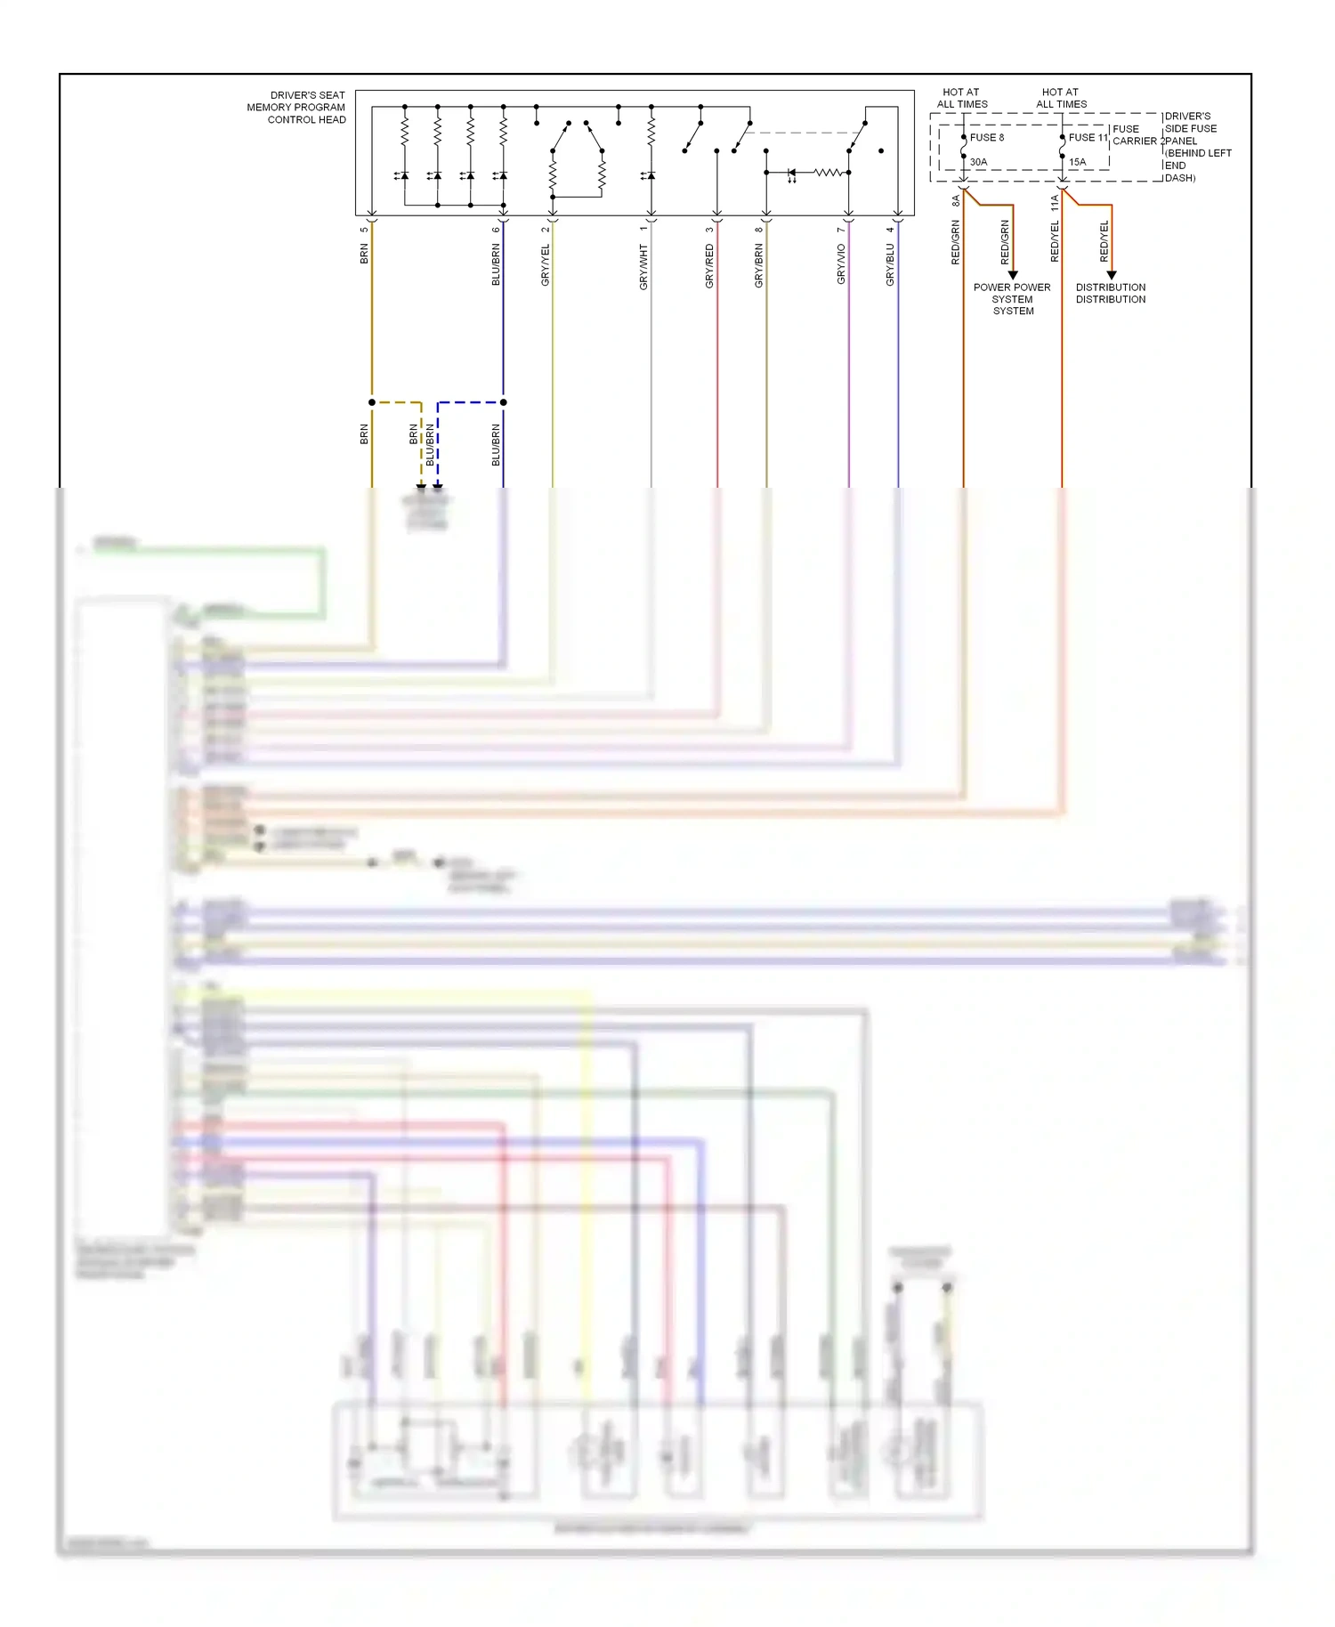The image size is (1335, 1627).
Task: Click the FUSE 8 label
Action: (x=986, y=138)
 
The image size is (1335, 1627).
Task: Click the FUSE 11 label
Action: (x=1088, y=138)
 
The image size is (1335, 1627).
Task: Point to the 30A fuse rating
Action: (x=978, y=162)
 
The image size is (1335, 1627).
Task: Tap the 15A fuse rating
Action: (x=1077, y=162)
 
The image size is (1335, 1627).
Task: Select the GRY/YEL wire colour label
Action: (x=546, y=265)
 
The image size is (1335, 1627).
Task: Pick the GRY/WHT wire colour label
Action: (x=643, y=267)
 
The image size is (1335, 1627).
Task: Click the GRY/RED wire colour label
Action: (x=709, y=266)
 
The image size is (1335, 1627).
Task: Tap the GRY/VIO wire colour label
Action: (x=841, y=265)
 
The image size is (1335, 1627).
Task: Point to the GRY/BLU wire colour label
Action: (x=890, y=265)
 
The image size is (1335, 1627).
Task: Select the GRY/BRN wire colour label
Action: (x=759, y=266)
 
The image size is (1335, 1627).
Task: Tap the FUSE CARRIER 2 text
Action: (x=1137, y=135)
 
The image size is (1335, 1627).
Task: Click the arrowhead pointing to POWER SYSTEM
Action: (x=1013, y=275)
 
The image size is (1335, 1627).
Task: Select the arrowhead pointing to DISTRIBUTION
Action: (x=1112, y=275)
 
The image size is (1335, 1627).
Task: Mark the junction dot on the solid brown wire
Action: (x=372, y=402)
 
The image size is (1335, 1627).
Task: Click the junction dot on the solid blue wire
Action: (x=504, y=402)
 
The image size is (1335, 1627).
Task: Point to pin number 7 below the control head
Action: (x=840, y=231)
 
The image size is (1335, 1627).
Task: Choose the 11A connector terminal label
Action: (x=1055, y=203)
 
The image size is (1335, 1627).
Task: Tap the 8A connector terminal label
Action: (x=956, y=201)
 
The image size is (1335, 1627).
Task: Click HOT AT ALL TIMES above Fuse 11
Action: (x=1061, y=98)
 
